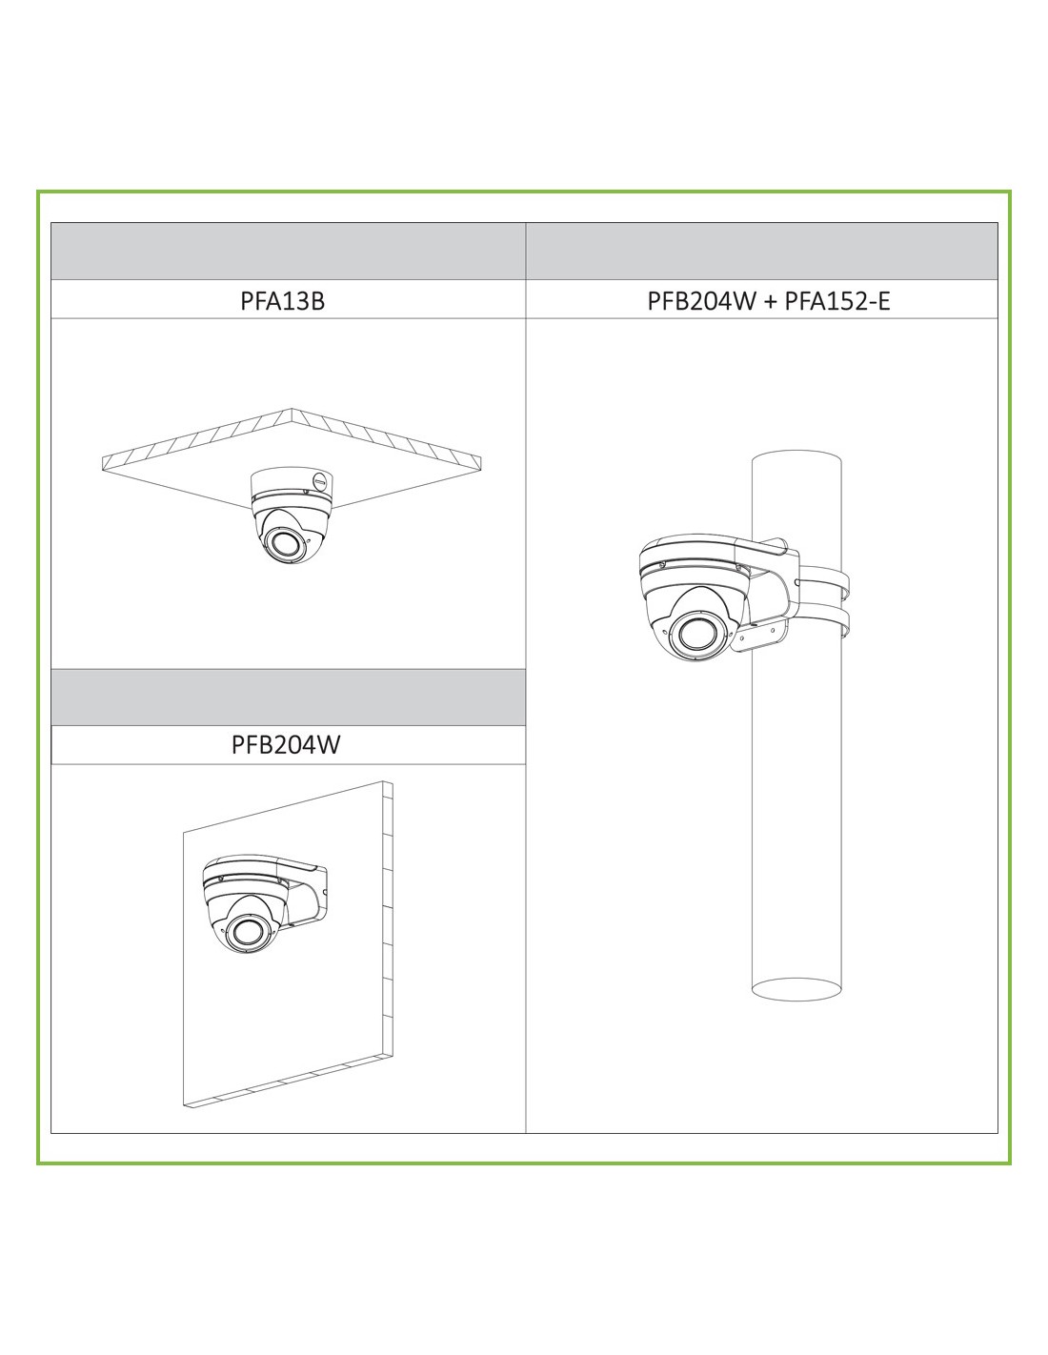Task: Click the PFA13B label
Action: point(282,301)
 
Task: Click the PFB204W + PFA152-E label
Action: point(769,301)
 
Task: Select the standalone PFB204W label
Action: point(286,744)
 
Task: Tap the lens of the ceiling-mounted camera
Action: point(281,541)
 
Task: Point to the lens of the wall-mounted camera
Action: point(244,933)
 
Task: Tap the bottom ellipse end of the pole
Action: point(796,989)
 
